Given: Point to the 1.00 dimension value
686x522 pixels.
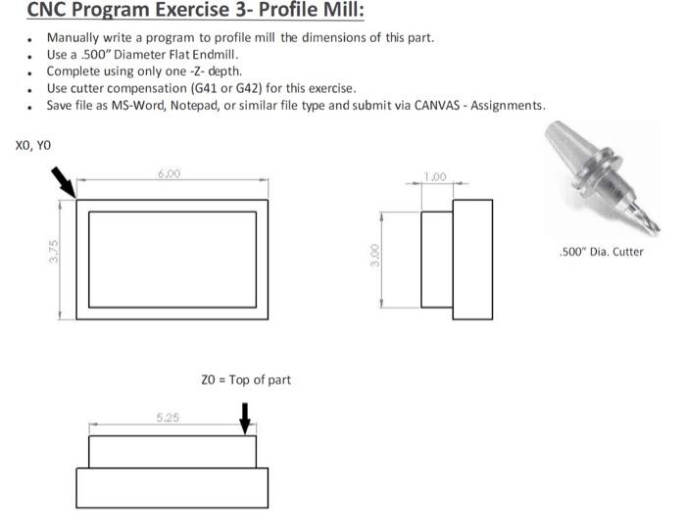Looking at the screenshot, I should [x=435, y=176].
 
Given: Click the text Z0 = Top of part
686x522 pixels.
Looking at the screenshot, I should [x=245, y=380].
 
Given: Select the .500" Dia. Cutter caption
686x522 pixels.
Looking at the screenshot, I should [x=600, y=251].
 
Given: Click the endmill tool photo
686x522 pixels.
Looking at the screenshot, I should [x=593, y=176].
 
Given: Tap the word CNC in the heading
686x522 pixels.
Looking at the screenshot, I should [x=48, y=13].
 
